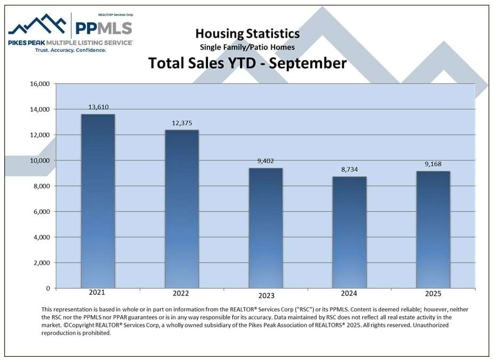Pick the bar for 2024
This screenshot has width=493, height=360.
(x=349, y=233)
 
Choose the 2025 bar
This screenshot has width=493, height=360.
(x=433, y=230)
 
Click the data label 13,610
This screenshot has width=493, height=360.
(x=98, y=107)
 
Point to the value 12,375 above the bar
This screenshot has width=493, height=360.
(x=182, y=123)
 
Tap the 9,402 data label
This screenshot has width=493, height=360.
(x=265, y=161)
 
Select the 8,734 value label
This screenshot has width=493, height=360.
(x=349, y=170)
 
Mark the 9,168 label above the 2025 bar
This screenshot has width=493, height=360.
(x=433, y=164)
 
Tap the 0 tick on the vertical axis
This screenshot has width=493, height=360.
(x=47, y=289)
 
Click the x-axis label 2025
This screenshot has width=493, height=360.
(x=433, y=294)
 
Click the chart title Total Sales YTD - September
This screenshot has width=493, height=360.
(x=247, y=63)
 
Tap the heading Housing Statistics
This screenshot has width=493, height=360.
(x=247, y=34)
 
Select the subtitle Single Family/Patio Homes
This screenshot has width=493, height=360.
(x=247, y=47)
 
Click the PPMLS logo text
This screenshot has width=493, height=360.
(x=103, y=28)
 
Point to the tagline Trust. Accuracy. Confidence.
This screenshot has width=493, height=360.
(x=70, y=50)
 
